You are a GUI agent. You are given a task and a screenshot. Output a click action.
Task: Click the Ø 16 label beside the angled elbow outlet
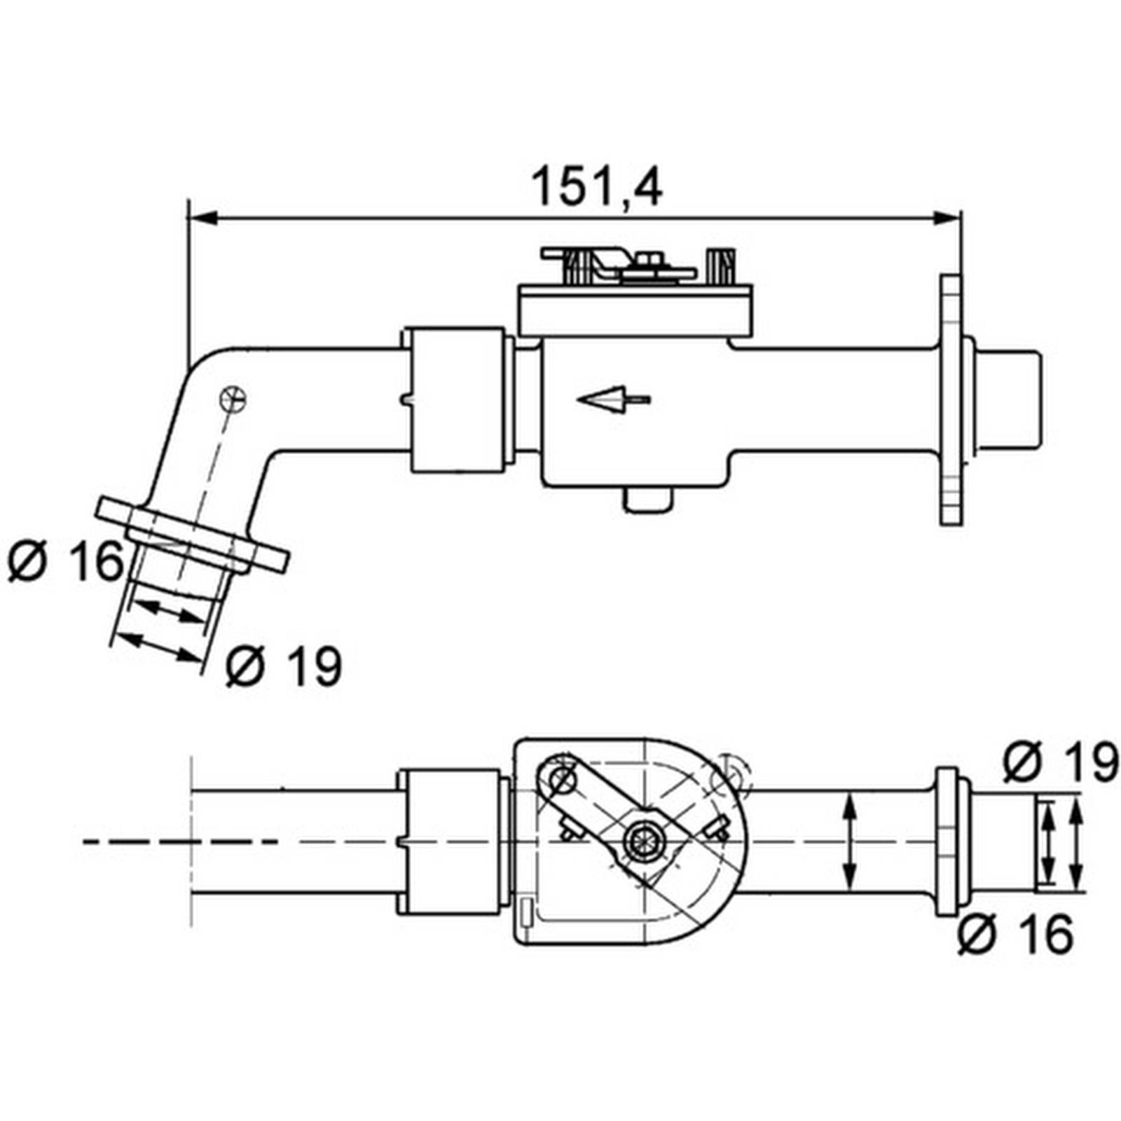coord(66,561)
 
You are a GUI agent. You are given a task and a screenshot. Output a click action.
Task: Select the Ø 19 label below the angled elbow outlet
coord(284,666)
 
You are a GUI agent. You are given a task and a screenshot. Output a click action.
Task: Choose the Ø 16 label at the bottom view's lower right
coord(1015,934)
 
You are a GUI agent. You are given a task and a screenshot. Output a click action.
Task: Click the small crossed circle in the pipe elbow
coord(233,399)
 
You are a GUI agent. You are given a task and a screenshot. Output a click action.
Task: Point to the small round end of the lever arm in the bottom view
coord(559,777)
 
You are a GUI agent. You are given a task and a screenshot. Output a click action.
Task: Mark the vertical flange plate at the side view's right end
coord(951,400)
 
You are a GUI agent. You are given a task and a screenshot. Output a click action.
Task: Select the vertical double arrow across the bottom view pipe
coord(849,841)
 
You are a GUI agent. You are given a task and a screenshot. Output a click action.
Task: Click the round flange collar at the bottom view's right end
coord(947,841)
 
